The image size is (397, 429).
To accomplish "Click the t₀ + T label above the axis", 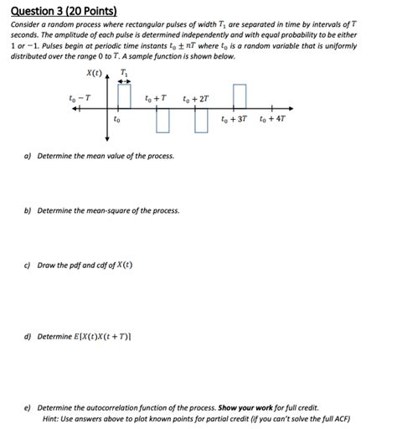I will [x=156, y=99].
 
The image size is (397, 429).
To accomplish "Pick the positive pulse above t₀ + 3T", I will [x=239, y=96].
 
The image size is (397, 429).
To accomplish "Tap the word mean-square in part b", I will [x=111, y=210].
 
